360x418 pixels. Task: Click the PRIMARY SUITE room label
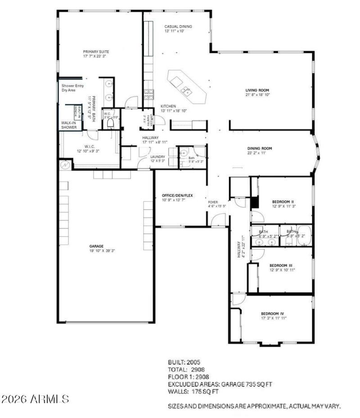[96, 52]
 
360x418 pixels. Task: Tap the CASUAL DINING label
[178, 27]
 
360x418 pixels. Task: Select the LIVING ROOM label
[257, 90]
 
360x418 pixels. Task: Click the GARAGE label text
[96, 246]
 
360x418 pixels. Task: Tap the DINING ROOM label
[260, 148]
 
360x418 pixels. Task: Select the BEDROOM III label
[282, 265]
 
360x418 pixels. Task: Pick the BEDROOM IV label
[273, 313]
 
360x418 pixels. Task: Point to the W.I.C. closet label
[89, 146]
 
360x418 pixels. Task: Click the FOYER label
[213, 202]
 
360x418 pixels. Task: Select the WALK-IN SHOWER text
[69, 125]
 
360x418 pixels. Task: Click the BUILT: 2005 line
[184, 362]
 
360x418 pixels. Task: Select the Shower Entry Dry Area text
[69, 87]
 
